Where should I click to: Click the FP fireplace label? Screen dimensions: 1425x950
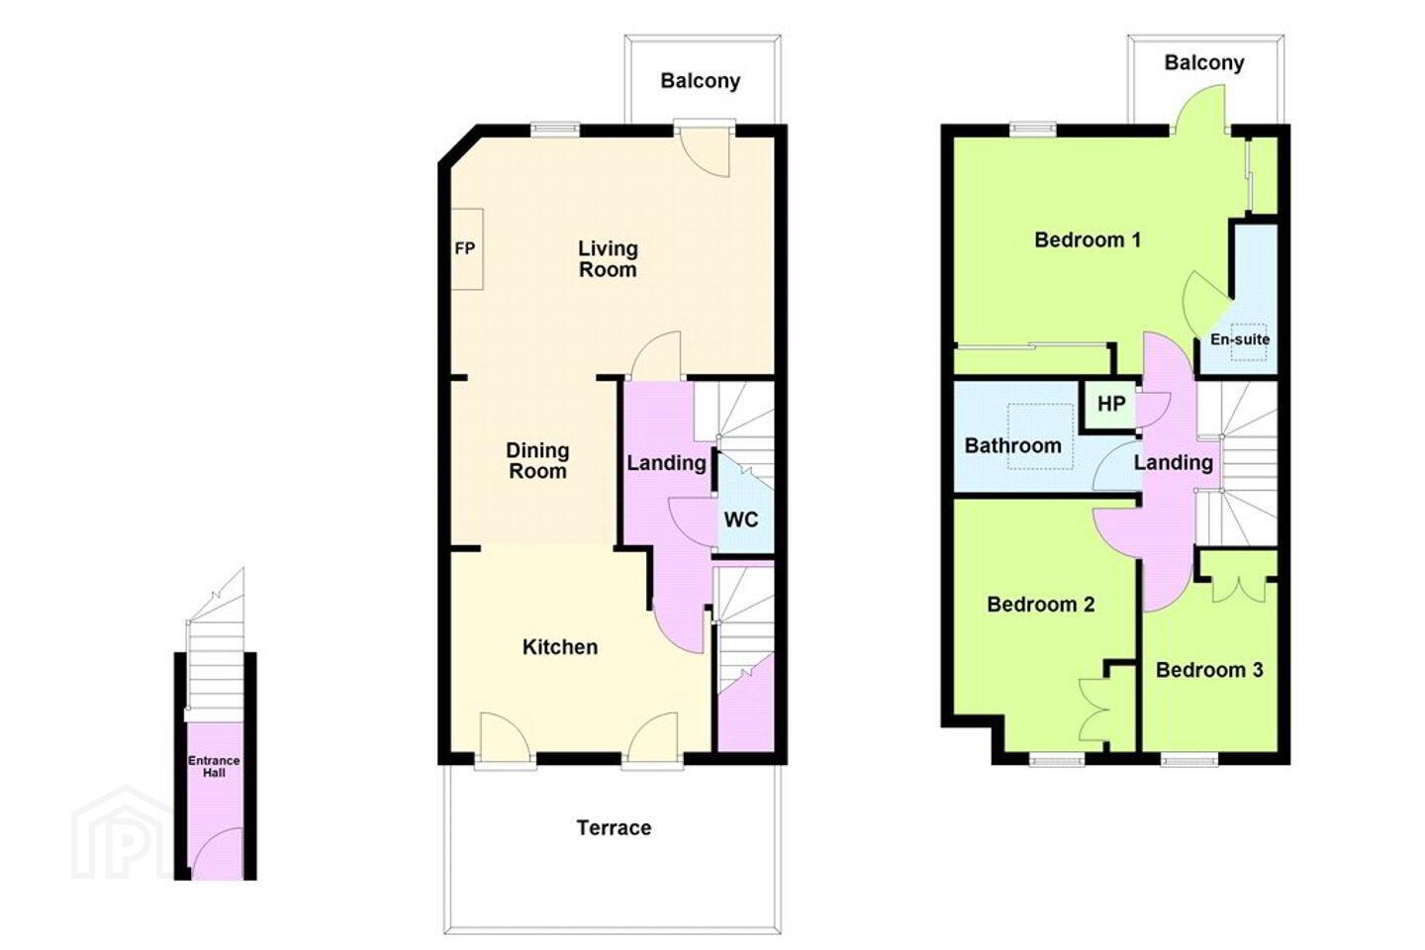click(x=465, y=248)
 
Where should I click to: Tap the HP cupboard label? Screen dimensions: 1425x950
click(x=1111, y=404)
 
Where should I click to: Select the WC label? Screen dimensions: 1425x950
click(x=741, y=520)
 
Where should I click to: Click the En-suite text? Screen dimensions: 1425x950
click(x=1240, y=339)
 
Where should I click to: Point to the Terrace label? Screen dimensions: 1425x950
click(x=614, y=828)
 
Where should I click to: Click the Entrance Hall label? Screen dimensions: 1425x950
click(x=214, y=767)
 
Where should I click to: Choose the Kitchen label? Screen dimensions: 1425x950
click(x=560, y=647)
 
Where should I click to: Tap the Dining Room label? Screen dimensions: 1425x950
click(x=537, y=461)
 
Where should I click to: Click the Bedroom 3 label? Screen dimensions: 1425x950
click(x=1209, y=670)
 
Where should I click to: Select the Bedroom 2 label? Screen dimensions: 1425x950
click(x=1041, y=604)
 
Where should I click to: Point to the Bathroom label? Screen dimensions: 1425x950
click(x=1012, y=445)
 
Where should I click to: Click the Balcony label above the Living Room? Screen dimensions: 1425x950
click(x=701, y=81)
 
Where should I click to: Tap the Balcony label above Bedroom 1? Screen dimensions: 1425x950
click(x=1204, y=62)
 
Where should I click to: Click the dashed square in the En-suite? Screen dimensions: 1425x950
click(x=1248, y=342)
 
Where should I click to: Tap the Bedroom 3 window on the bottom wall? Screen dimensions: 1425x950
click(x=1189, y=760)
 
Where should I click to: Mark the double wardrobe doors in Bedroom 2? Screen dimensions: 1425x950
click(x=1094, y=711)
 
